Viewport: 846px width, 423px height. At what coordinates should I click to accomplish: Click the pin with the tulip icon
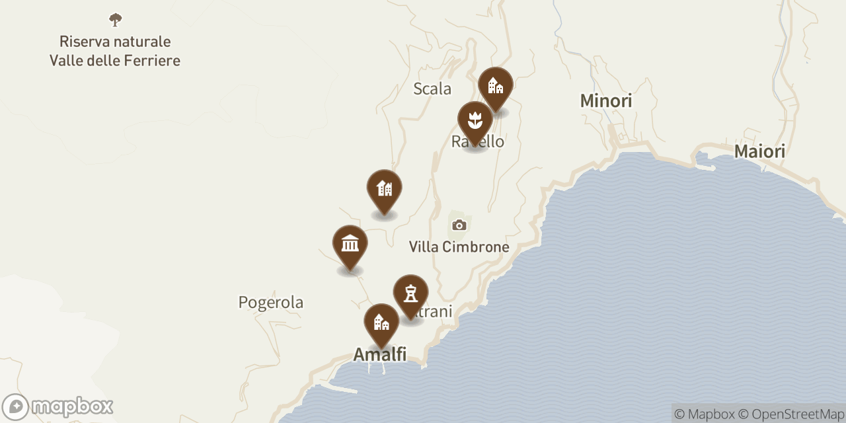point(475,121)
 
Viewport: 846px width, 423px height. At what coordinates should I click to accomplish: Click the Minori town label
point(605,101)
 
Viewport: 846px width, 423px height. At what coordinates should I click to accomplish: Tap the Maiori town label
point(759,152)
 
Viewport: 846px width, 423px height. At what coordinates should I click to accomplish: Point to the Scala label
point(432,89)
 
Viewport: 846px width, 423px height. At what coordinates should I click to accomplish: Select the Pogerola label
point(271,303)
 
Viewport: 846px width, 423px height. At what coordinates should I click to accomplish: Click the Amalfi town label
point(379,354)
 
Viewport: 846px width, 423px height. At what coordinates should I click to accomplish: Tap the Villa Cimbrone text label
point(459,247)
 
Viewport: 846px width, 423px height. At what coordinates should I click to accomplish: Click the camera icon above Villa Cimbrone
point(459,225)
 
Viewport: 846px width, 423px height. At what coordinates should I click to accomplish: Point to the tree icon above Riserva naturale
point(116,20)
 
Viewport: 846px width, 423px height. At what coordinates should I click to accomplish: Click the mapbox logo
point(58,406)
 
